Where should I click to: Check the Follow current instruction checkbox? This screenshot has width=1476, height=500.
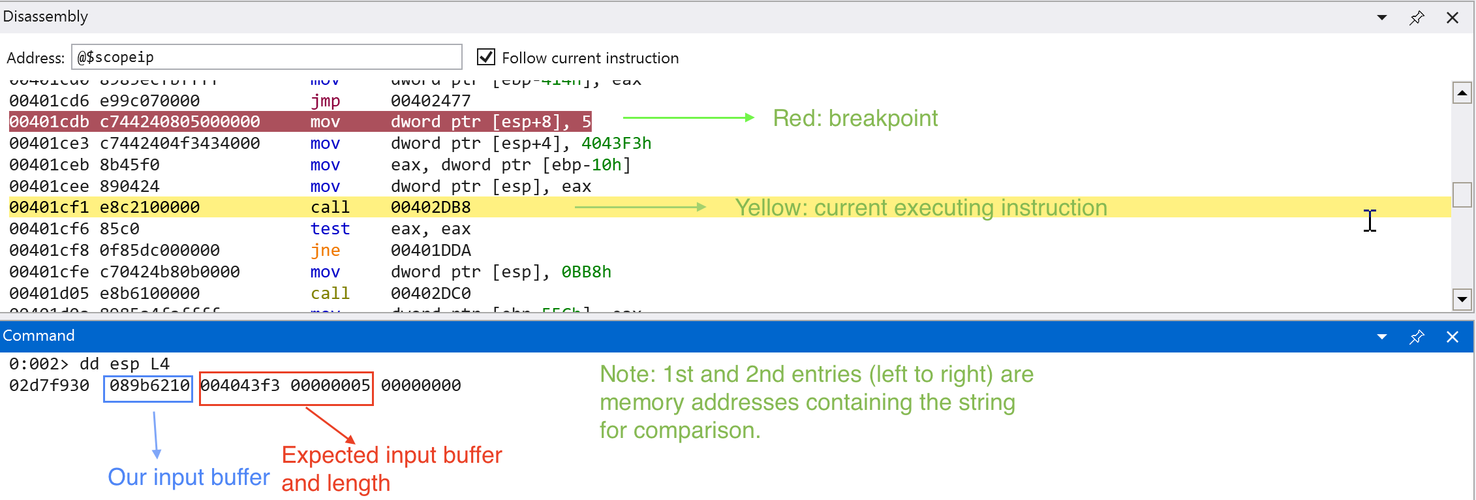coord(486,57)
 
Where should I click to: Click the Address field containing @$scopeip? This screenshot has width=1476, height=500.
coord(266,57)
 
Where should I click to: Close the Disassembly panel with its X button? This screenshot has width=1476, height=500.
coord(1452,18)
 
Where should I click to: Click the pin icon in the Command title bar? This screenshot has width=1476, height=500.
coord(1417,337)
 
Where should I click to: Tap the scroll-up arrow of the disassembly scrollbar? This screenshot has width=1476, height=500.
coord(1462,93)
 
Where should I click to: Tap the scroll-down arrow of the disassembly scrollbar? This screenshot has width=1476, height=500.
coord(1462,300)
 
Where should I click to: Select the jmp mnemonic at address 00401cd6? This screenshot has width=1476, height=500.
coord(325,101)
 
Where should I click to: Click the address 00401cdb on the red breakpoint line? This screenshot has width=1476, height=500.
coord(49,122)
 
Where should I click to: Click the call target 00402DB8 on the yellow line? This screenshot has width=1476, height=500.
coord(431,208)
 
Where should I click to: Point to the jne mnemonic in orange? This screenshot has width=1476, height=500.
coord(325,250)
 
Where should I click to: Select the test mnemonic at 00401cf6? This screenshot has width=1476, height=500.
coord(330,229)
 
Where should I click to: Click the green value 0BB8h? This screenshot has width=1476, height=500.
coord(586,272)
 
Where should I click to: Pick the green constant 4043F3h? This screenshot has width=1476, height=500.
coord(616,143)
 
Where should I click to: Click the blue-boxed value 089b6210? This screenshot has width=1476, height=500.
coord(149,386)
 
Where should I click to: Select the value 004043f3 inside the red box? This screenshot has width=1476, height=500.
coord(240,386)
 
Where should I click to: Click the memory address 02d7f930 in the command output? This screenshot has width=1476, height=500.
coord(49,386)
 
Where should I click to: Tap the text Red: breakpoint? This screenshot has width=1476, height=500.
coord(855,119)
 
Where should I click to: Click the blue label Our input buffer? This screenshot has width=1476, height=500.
coord(189,477)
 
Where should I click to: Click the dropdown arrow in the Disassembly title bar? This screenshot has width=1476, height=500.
coord(1381,18)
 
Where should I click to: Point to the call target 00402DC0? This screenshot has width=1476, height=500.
coord(431,293)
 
